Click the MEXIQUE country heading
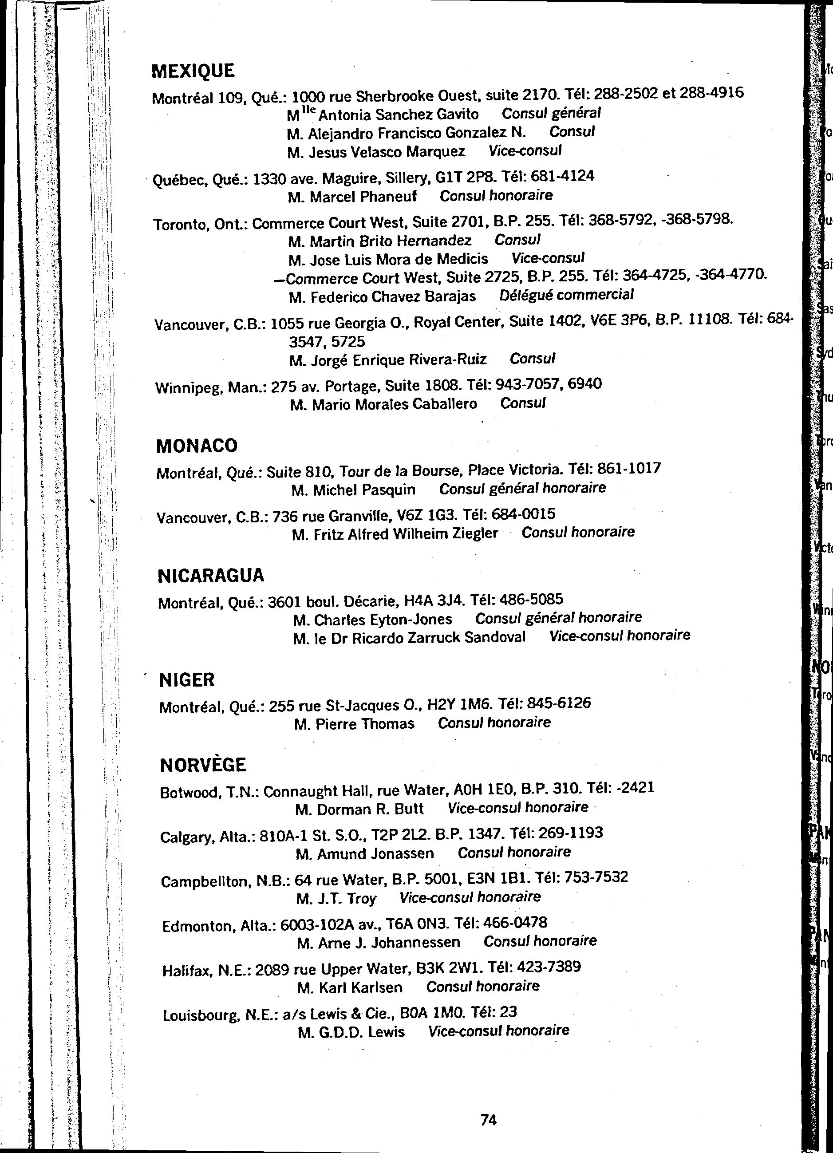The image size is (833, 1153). click(193, 71)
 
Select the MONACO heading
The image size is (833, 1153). click(197, 446)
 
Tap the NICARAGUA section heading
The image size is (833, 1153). click(211, 576)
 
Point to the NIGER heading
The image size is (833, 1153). click(186, 680)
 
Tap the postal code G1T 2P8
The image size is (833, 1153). click(466, 178)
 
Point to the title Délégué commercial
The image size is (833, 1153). click(566, 295)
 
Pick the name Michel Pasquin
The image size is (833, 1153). click(364, 490)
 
